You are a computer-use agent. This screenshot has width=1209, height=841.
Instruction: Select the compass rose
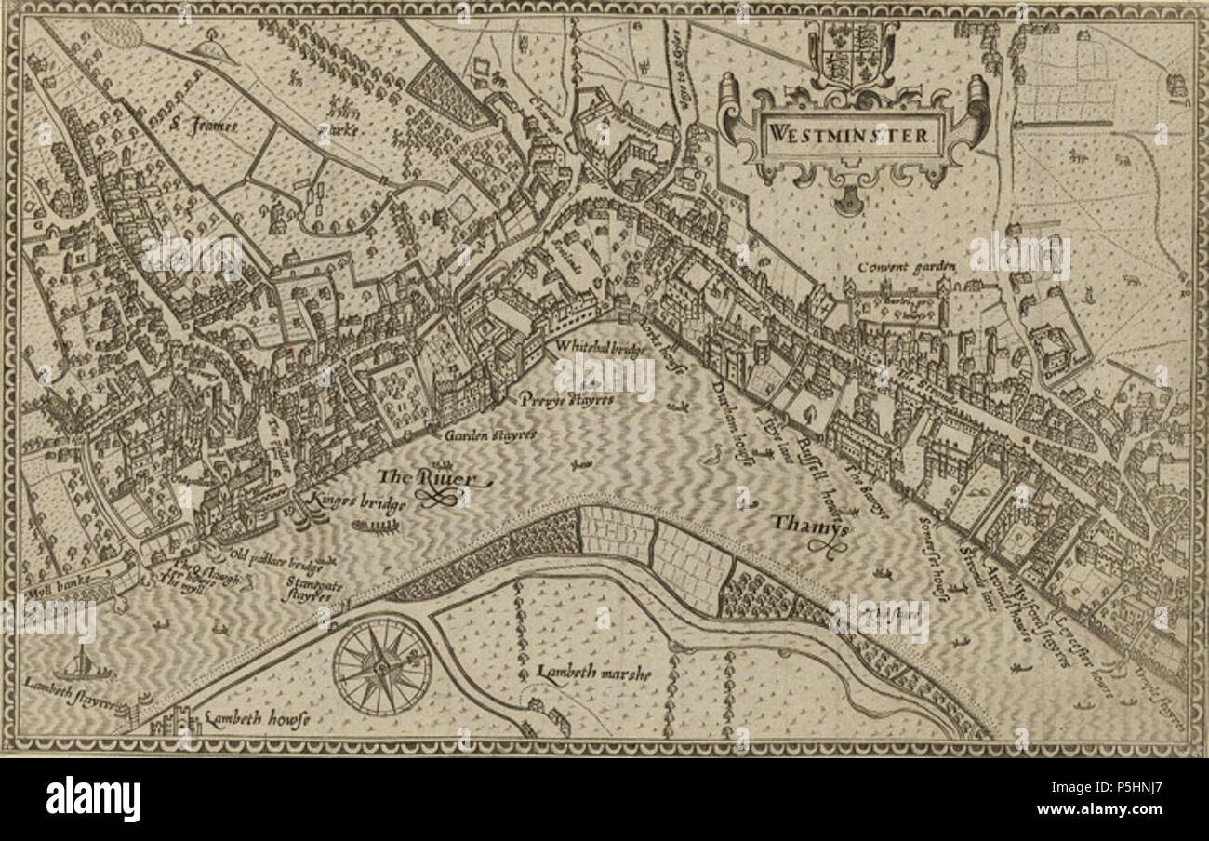[x=381, y=666]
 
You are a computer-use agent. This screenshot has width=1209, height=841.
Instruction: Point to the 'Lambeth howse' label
[x=256, y=718]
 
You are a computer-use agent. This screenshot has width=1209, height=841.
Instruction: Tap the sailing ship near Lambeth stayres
[x=82, y=666]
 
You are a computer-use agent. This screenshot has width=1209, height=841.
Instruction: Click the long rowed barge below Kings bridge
[x=376, y=527]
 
